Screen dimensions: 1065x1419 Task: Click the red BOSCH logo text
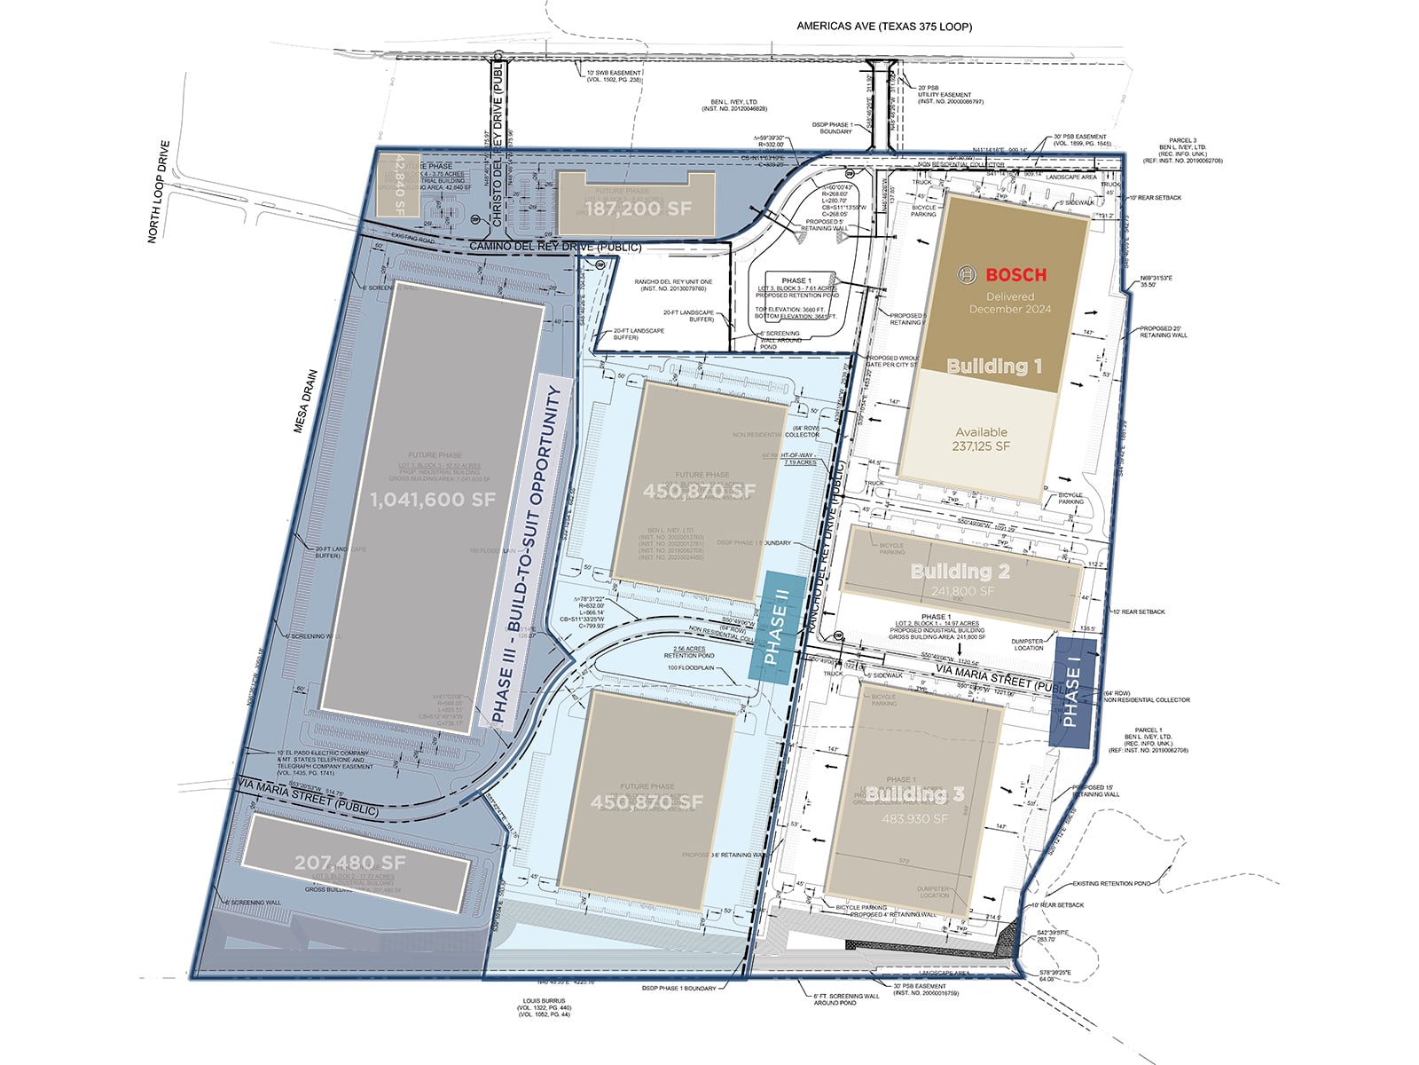[x=1015, y=275]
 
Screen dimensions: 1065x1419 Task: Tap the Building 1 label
[x=994, y=366]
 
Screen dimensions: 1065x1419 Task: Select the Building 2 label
[x=960, y=572]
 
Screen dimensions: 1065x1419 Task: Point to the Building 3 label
[x=915, y=794]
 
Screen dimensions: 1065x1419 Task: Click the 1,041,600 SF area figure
[x=432, y=500]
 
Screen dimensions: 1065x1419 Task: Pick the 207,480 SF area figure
[x=349, y=863]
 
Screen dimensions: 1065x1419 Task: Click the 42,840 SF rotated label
[x=399, y=185]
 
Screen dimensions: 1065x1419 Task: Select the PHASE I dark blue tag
[x=1071, y=693]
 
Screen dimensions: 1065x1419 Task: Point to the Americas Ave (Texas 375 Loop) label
[x=883, y=27]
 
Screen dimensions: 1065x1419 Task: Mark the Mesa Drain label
[x=305, y=401]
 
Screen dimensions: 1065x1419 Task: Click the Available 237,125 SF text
[x=981, y=439]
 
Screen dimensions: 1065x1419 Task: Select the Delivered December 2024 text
[x=1010, y=303]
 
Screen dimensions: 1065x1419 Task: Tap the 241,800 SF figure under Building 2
[x=962, y=591]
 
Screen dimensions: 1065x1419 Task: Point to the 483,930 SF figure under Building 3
[x=914, y=818]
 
